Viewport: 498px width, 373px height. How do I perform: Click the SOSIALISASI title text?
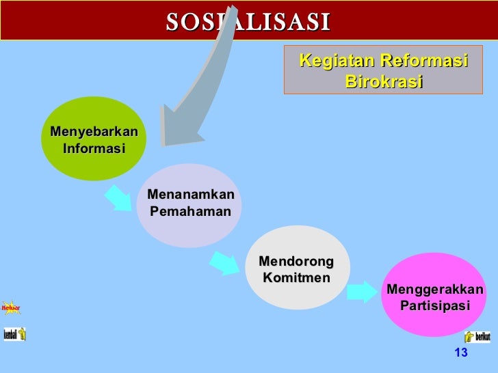pyautogui.click(x=248, y=22)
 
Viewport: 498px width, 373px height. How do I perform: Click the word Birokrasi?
pyautogui.click(x=384, y=82)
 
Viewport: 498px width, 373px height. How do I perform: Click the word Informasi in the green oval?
pyautogui.click(x=94, y=148)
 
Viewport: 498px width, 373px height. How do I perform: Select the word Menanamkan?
pyautogui.click(x=191, y=195)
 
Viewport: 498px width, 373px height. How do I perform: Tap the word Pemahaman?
pyautogui.click(x=191, y=212)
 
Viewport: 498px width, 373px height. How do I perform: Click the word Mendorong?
pyautogui.click(x=296, y=262)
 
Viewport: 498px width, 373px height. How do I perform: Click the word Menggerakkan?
pyautogui.click(x=435, y=290)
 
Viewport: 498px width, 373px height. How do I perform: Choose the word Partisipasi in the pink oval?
pyautogui.click(x=435, y=306)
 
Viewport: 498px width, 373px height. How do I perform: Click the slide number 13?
pyautogui.click(x=460, y=353)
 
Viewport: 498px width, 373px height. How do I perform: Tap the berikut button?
pyautogui.click(x=477, y=337)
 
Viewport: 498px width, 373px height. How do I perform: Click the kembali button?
pyautogui.click(x=14, y=334)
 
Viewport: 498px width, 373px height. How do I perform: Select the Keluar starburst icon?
pyautogui.click(x=11, y=308)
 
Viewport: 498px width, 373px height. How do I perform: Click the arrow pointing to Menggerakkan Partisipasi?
pyautogui.click(x=361, y=292)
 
